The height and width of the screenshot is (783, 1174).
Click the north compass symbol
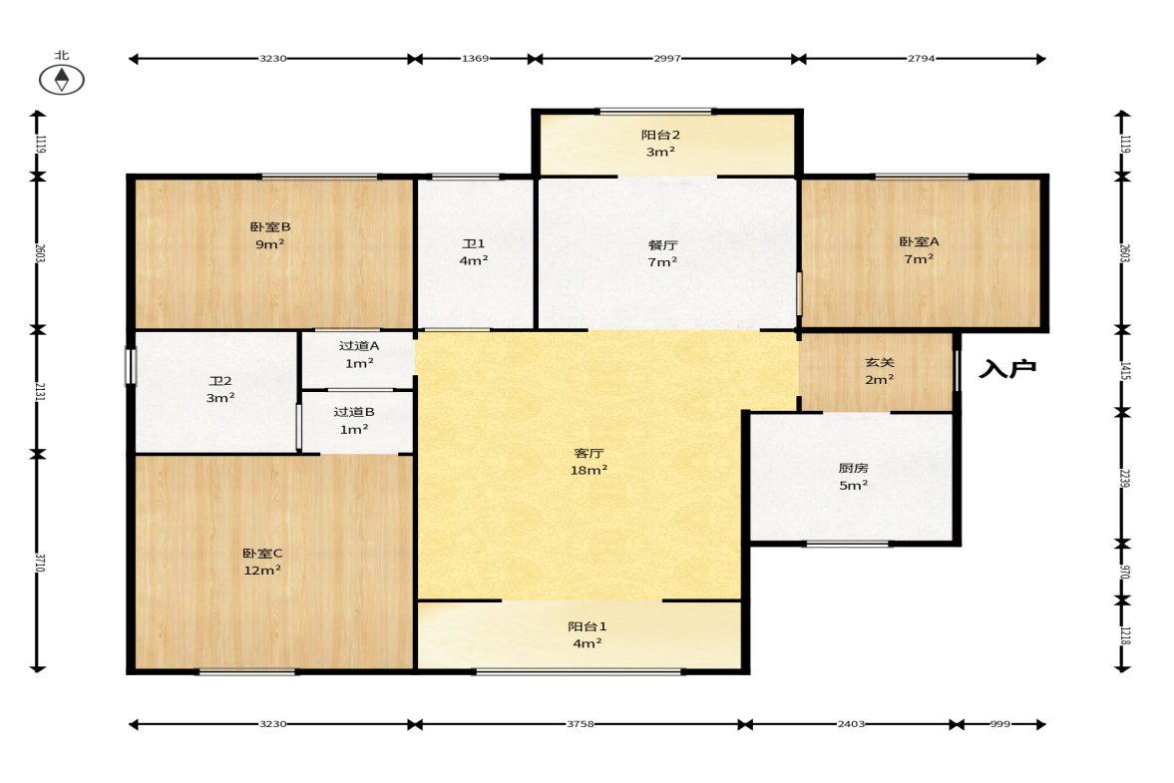(62, 80)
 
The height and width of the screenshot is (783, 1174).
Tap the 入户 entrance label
(1007, 368)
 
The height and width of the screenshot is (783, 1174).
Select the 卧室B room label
(270, 226)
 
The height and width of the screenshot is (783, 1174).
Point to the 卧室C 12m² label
(262, 562)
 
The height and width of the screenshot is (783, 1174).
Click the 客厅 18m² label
(588, 461)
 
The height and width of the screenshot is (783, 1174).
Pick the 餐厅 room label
(662, 244)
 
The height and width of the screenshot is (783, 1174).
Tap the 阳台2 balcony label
(660, 135)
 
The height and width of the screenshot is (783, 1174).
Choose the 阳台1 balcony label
(587, 626)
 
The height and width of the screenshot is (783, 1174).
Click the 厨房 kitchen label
(853, 468)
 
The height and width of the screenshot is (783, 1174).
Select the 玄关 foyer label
(880, 362)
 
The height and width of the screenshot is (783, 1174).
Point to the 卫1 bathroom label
(473, 243)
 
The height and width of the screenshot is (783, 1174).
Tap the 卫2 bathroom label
(220, 381)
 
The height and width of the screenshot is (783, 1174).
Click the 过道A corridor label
(359, 346)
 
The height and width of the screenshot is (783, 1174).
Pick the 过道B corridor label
(354, 412)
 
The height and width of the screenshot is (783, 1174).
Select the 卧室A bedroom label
(919, 241)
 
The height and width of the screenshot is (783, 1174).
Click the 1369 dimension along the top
(475, 59)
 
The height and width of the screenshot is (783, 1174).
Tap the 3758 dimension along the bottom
(581, 724)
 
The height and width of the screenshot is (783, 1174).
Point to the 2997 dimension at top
(666, 59)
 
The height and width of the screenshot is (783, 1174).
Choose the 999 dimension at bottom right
(1000, 724)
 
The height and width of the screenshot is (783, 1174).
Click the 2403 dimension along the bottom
(851, 724)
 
